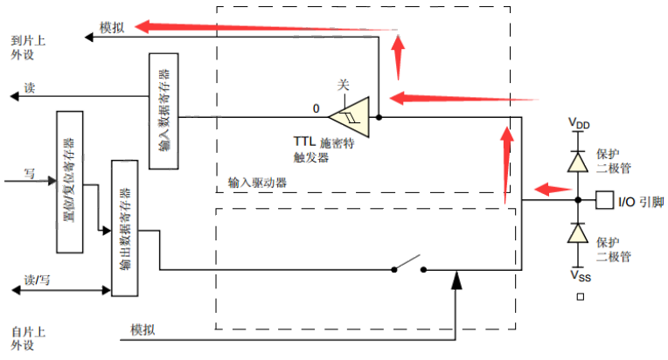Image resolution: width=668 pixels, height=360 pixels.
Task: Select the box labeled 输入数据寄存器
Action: pos(164,110)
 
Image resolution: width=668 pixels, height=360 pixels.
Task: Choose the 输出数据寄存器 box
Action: pos(125,228)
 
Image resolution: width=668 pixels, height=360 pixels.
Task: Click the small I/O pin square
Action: pos(604,201)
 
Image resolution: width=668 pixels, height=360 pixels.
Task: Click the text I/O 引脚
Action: pos(641,203)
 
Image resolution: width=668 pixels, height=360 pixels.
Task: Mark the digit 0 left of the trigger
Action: pos(317,109)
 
